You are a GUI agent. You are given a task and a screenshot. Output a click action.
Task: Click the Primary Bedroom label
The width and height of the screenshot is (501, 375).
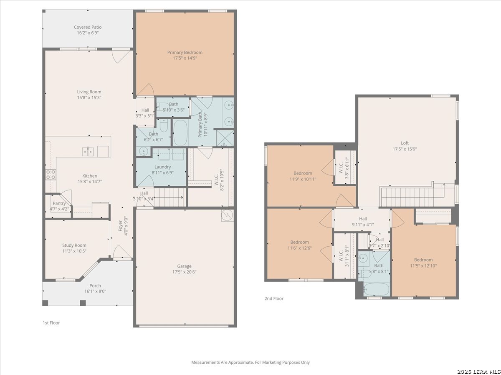point(185,52)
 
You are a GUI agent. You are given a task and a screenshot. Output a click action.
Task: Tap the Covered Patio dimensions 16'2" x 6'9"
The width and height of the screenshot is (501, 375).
point(88,33)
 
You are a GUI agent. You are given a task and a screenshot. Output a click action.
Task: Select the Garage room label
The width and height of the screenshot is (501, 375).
point(184,266)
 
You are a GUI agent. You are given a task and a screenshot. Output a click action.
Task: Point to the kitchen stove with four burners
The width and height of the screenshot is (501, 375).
point(51,175)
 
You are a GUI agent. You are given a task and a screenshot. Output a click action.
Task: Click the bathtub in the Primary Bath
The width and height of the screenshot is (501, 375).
point(180,133)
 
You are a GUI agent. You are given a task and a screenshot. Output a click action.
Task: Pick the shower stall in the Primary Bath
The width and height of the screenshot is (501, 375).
point(225,138)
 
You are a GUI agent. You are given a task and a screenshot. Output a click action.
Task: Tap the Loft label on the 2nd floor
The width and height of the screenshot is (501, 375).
point(405,143)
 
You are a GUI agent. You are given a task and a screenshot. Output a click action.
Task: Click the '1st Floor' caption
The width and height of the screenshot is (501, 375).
point(51,322)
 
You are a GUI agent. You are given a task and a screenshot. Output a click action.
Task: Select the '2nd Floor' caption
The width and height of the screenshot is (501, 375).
point(274,298)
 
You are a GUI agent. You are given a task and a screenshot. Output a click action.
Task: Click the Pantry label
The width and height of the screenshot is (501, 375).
point(59,203)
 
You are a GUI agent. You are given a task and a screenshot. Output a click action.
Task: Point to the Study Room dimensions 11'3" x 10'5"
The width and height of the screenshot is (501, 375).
point(74,251)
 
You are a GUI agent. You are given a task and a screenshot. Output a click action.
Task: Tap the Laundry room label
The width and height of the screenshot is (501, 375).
point(162,167)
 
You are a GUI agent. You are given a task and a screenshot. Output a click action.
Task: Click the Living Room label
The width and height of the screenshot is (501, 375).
point(89,92)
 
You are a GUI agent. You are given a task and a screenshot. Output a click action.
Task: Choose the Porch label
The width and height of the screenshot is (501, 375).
point(95,285)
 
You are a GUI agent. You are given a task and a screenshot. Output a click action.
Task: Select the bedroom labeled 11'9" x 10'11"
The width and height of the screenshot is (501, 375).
point(303,176)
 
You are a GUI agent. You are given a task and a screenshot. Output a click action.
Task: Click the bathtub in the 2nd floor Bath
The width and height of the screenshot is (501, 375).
point(376,290)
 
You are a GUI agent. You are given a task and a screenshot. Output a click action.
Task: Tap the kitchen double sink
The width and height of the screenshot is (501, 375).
point(88,152)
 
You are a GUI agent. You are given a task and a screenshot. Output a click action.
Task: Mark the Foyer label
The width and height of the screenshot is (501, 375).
point(121,226)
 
